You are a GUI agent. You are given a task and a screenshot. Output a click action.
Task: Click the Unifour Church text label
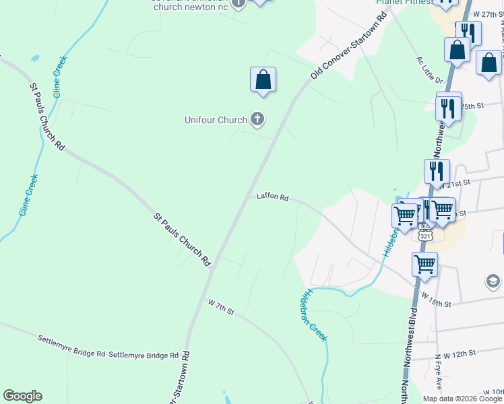(216, 121)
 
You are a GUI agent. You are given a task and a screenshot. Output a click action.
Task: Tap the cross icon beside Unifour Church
(257, 120)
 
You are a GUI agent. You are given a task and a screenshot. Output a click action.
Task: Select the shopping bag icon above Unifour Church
(263, 79)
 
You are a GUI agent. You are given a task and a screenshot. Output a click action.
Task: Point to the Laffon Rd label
(272, 198)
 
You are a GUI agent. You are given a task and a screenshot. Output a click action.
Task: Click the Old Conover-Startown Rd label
(348, 45)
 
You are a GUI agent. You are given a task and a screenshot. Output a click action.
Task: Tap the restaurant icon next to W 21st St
(437, 172)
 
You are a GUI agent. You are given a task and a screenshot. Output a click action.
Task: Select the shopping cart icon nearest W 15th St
(424, 265)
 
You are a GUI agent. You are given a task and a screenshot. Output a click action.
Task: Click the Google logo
(22, 396)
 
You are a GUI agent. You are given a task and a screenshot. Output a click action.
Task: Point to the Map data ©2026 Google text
(462, 399)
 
